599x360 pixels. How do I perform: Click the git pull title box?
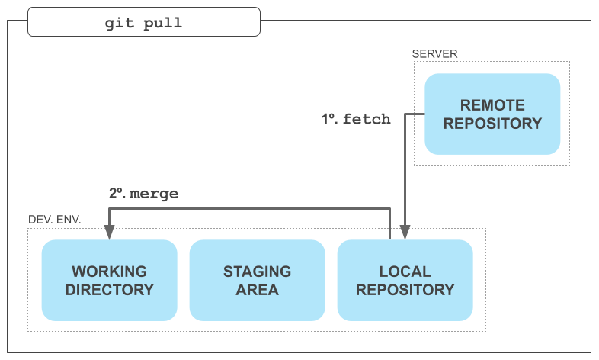point(144,22)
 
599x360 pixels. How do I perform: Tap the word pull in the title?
point(163,24)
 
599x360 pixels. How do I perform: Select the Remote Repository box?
point(492,114)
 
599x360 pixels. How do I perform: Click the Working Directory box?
point(109,280)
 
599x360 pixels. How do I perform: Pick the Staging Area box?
point(257,280)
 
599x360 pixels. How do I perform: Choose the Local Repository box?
point(405,280)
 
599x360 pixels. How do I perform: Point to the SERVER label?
point(434,54)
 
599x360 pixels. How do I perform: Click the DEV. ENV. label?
point(55,220)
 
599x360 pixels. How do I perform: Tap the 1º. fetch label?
point(356,119)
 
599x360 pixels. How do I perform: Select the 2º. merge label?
point(143,194)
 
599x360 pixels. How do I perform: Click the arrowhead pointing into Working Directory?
point(109,233)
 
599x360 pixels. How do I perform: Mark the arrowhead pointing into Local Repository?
point(405,233)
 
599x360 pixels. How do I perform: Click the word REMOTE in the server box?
point(492,105)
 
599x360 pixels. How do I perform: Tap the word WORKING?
point(109,272)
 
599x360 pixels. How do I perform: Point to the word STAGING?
point(257,272)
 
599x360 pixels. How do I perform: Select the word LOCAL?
point(405,272)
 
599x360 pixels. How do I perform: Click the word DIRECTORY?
point(109,290)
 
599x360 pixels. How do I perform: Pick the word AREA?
point(257,290)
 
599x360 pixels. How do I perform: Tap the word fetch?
point(367,119)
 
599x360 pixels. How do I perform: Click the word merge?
point(154,194)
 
